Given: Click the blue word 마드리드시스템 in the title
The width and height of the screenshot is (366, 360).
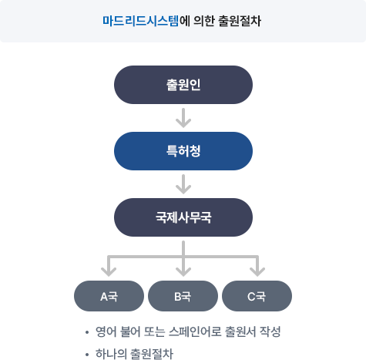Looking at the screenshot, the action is click(140, 21).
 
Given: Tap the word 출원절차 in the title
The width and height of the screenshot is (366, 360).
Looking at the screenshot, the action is click(240, 21).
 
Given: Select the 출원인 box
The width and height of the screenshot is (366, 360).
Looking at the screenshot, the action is click(183, 85).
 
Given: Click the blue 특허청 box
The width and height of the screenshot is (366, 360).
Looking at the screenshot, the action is click(183, 151).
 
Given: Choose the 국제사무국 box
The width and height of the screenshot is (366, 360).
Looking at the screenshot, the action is click(183, 217).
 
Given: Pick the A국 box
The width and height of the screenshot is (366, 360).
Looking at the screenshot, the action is click(109, 296).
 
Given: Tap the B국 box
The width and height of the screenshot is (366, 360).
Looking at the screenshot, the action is click(183, 296).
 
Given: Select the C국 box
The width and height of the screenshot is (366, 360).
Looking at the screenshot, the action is click(257, 296).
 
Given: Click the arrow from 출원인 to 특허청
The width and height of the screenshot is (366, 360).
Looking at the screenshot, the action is click(183, 118).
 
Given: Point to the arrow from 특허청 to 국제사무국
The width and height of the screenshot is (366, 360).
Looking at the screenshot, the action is click(183, 184).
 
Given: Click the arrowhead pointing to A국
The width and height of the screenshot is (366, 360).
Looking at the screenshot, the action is click(109, 272).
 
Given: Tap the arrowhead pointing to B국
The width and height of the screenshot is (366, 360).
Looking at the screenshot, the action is click(183, 272).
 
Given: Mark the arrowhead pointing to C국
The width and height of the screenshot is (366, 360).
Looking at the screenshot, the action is click(257, 272).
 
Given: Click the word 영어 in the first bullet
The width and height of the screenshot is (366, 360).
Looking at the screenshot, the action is click(106, 331).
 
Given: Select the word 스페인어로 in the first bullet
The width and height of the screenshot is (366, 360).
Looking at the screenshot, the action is click(195, 331).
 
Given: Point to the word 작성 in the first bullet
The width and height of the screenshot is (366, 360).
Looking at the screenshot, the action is click(270, 331).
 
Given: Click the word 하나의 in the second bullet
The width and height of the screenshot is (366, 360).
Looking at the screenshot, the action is click(111, 354).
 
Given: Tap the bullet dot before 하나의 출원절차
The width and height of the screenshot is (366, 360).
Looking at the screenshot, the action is click(87, 355).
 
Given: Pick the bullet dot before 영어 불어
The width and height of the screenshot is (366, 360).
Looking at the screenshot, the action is click(87, 332).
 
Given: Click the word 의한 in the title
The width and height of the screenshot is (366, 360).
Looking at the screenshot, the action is click(204, 21).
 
